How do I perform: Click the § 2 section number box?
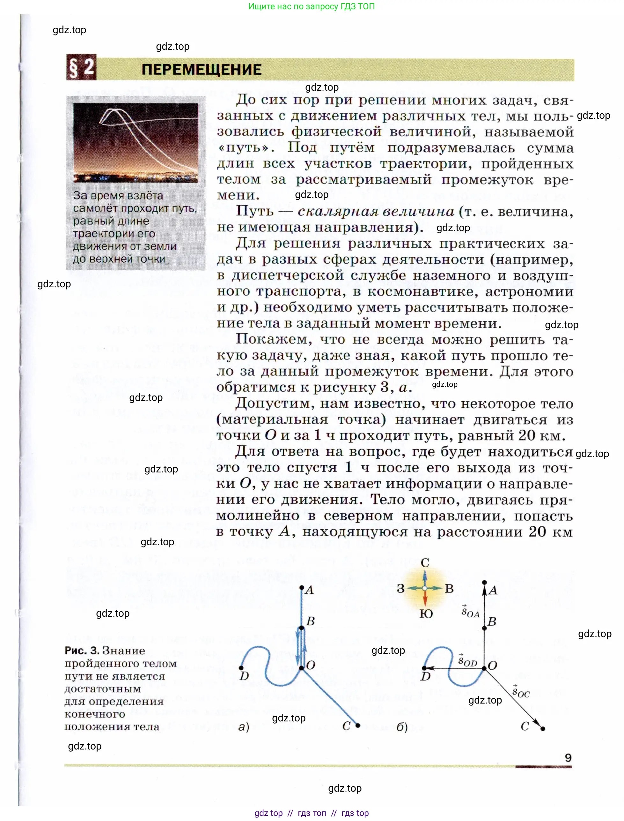pos(81,67)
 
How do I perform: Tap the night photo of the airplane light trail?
pos(135,142)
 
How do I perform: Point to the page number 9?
pos(568,757)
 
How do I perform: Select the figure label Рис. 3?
pos(82,650)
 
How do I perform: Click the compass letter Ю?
pos(426,614)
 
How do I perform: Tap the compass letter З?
pos(400,589)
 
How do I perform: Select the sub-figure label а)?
pos(244,726)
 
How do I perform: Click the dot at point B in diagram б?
pos(484,629)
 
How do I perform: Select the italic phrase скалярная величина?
pos(376,212)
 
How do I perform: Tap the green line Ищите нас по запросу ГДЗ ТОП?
pos(311,6)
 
